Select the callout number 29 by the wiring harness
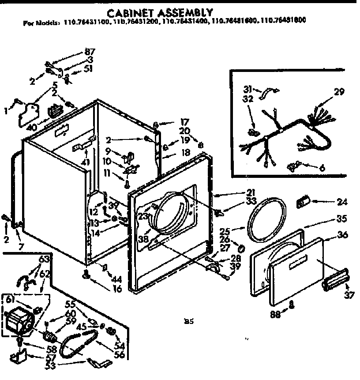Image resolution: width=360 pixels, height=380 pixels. click(339, 92)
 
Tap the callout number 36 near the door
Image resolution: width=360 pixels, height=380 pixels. click(342, 235)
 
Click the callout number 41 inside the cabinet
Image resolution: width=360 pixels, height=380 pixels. click(86, 162)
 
